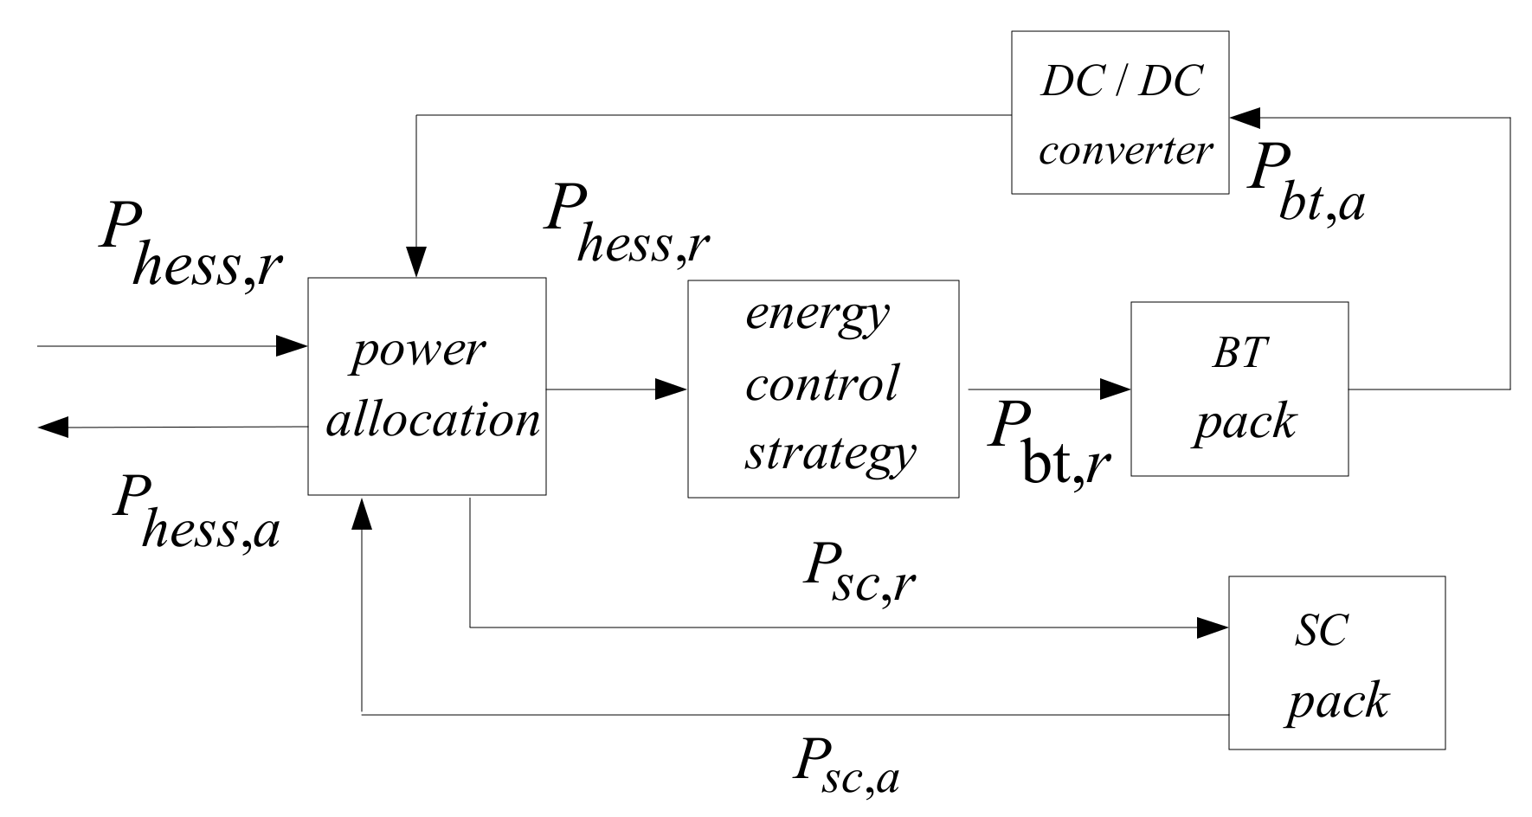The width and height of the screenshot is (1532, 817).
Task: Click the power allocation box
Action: (427, 386)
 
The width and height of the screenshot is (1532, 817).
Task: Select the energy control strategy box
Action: (822, 389)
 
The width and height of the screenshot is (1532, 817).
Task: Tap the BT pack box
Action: (1239, 389)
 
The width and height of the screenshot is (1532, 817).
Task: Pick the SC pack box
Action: (1336, 662)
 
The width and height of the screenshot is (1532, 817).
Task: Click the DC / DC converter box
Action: (1120, 113)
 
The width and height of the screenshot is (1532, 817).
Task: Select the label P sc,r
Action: (859, 577)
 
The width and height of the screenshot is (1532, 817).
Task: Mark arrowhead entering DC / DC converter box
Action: (1245, 117)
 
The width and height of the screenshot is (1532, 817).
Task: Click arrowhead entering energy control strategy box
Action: (672, 389)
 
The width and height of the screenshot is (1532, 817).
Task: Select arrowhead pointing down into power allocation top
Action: (417, 262)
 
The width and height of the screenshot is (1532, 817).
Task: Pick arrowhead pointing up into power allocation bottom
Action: (363, 512)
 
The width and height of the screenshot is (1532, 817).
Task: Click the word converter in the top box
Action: (1125, 151)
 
